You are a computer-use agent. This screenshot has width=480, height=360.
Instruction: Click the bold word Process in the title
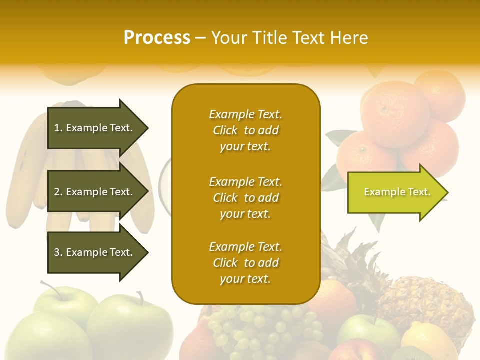157,37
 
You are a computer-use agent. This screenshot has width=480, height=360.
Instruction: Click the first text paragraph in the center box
245,130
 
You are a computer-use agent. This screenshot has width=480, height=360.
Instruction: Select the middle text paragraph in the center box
245,198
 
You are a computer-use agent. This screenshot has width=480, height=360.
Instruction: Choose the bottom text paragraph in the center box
245,263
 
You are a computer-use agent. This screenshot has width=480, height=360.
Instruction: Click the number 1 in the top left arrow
57,128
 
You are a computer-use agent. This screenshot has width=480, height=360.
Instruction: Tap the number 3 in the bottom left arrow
57,252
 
